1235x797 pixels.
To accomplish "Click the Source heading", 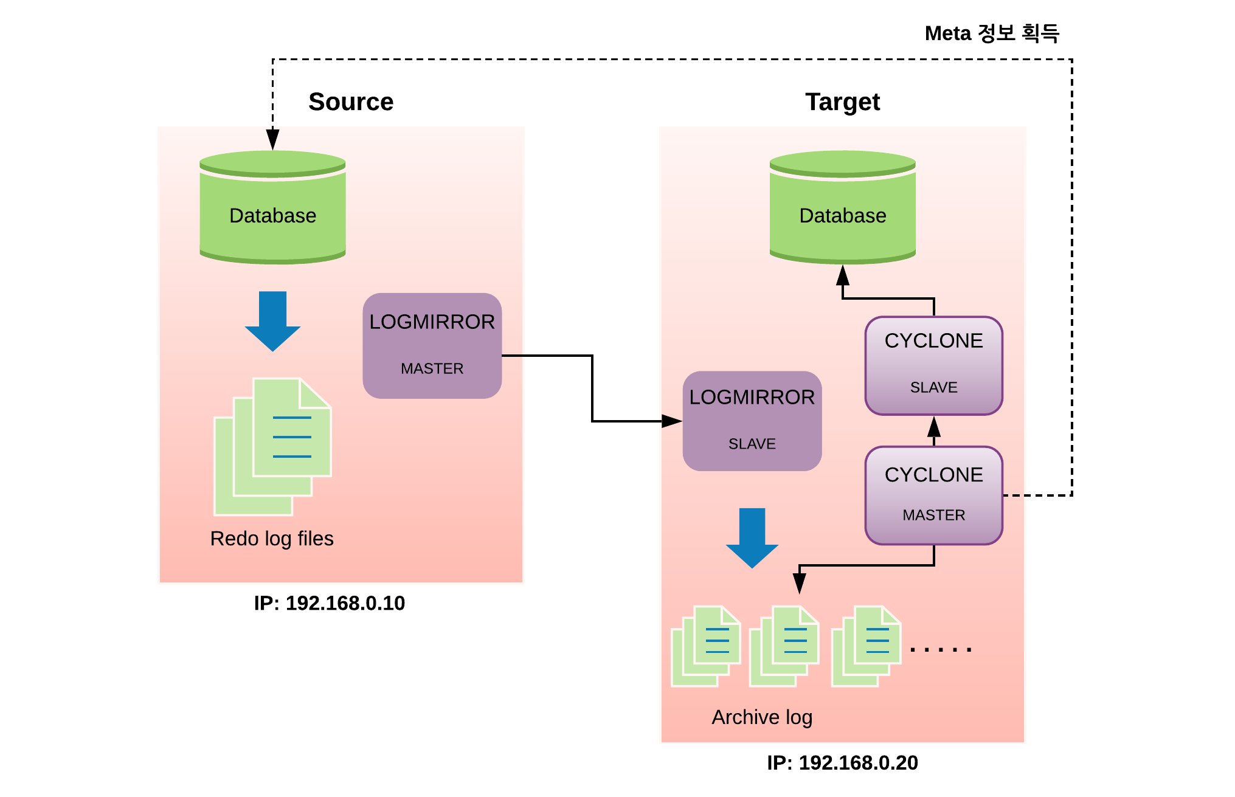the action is point(351,102).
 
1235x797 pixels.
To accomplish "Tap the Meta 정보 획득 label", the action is point(992,33).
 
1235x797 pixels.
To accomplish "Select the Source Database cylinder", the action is point(272,207).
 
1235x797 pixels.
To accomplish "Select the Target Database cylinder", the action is point(842,207).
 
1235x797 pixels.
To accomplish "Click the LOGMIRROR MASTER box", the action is point(432,346).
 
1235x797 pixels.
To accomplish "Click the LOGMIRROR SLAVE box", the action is point(752,421).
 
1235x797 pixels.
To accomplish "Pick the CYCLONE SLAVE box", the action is point(933,366).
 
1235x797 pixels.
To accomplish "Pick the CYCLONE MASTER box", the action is point(933,495).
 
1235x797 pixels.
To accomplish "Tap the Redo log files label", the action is point(272,539).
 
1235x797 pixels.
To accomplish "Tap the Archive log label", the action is point(762,718).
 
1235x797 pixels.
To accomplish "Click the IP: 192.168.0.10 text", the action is point(329,603).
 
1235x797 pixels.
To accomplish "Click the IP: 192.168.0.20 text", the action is point(842,763).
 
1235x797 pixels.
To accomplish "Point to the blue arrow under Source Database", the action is point(272,321).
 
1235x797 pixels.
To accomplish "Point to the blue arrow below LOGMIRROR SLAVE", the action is point(752,538).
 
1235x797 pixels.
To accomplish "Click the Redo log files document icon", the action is point(272,447).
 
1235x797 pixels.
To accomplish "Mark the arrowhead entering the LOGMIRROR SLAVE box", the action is point(672,421).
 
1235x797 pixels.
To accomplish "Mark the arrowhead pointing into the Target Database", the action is point(842,275).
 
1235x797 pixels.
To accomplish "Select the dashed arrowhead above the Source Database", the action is point(273,139).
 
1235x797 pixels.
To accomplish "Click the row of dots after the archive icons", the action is point(941,650).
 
